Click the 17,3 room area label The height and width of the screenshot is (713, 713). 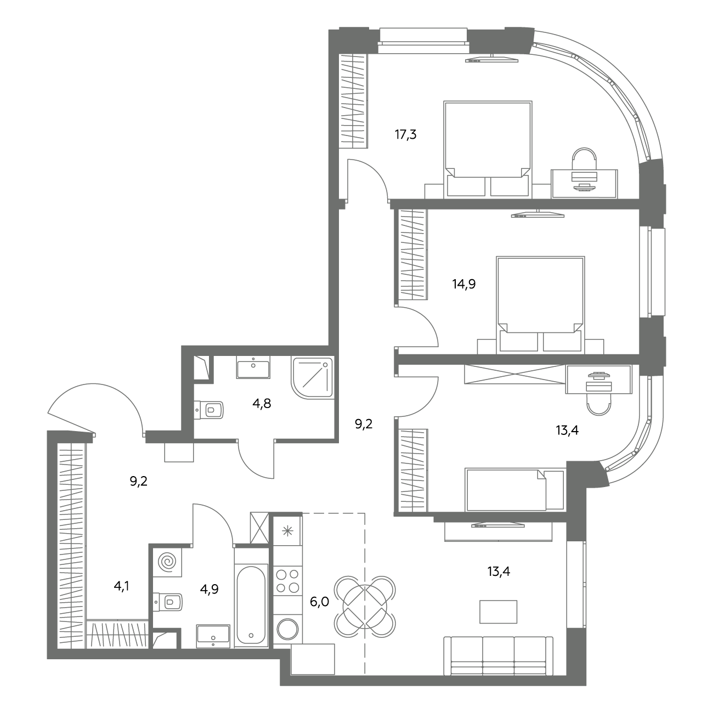tap(405, 135)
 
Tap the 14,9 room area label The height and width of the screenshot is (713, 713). tap(464, 284)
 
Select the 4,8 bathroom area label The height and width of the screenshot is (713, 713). tap(262, 403)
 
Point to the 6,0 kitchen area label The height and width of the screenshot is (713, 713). tap(319, 602)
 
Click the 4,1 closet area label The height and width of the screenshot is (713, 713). tap(121, 586)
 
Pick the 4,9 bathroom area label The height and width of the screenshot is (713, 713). tap(209, 589)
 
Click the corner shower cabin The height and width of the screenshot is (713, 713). tap(313, 378)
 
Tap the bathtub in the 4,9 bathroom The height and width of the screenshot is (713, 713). tap(252, 606)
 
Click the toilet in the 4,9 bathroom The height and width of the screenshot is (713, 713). tap(168, 602)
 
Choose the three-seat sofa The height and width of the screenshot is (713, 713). tap(498, 655)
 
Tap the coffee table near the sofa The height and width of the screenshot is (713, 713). tap(498, 612)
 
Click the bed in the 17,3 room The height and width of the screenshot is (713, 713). tap(488, 149)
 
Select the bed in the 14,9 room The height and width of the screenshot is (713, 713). tap(540, 304)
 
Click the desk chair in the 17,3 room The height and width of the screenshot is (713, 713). tap(584, 159)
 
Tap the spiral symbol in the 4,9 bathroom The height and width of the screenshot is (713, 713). tap(167, 562)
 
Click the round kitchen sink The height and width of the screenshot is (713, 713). tap(287, 629)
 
